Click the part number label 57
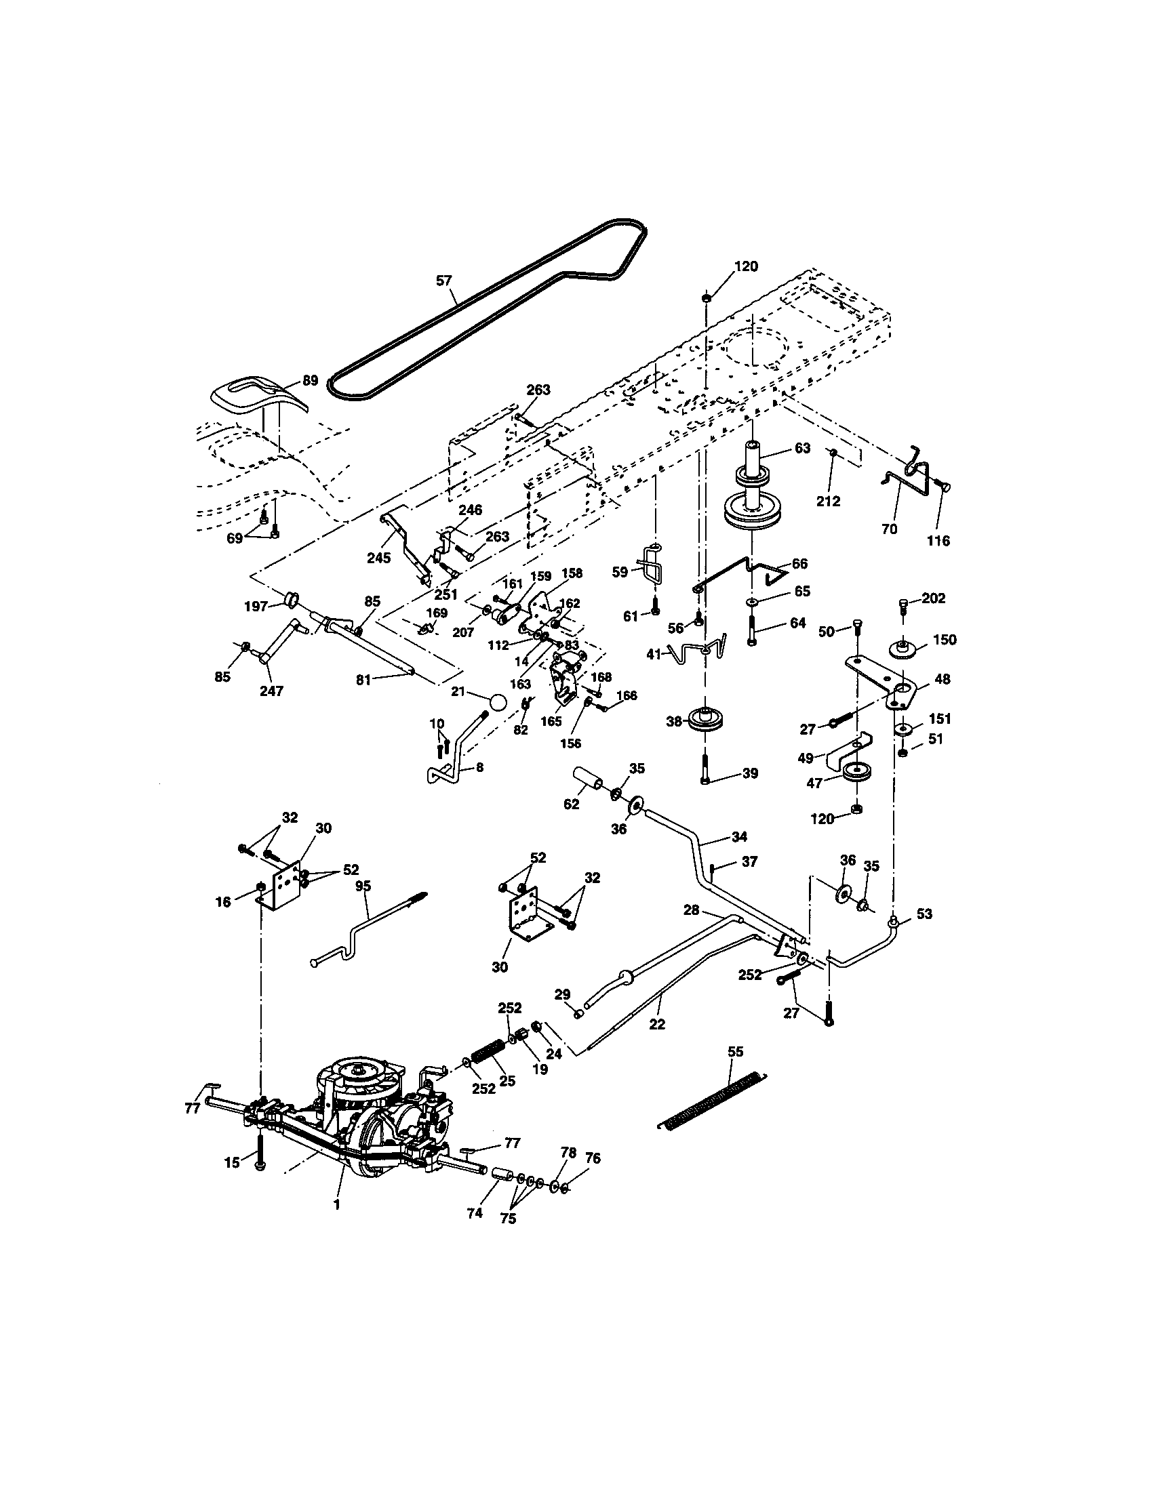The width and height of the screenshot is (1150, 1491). (444, 280)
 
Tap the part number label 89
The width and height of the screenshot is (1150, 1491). (310, 380)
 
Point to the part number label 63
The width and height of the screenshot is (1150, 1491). (802, 448)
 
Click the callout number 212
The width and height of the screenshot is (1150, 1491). (828, 501)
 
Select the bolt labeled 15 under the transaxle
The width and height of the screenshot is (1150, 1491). (260, 1151)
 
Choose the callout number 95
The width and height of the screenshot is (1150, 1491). (363, 886)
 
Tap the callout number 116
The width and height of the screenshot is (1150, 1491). (938, 541)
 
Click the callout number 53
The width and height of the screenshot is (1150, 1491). (924, 914)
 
